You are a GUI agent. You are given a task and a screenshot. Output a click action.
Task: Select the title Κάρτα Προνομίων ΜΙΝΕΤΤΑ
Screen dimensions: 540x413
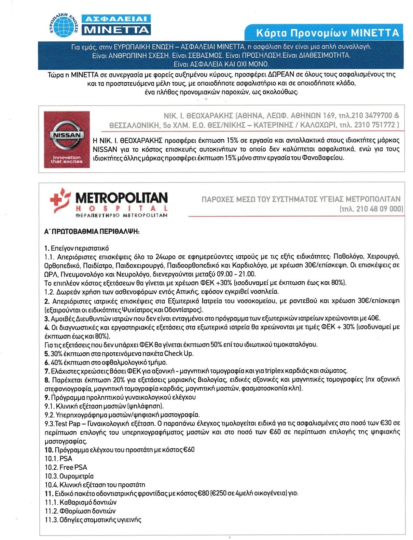(327, 33)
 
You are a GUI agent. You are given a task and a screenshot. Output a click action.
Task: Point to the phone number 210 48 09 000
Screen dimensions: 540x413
(379, 209)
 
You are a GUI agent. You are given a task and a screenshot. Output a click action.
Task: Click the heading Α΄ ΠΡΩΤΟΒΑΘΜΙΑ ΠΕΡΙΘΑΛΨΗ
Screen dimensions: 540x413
(92, 232)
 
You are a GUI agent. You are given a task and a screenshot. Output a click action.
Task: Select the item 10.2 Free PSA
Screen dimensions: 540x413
(66, 467)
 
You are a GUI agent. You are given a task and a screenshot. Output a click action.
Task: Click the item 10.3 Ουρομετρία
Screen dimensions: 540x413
(69, 476)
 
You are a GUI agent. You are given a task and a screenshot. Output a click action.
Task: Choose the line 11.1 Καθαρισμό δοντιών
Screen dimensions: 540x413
(81, 502)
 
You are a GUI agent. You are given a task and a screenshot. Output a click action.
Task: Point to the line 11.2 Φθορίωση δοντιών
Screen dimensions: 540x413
(80, 511)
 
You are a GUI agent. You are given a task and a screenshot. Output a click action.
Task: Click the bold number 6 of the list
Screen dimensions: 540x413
(47, 362)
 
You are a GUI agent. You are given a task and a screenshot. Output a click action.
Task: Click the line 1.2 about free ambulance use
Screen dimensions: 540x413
(162, 291)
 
